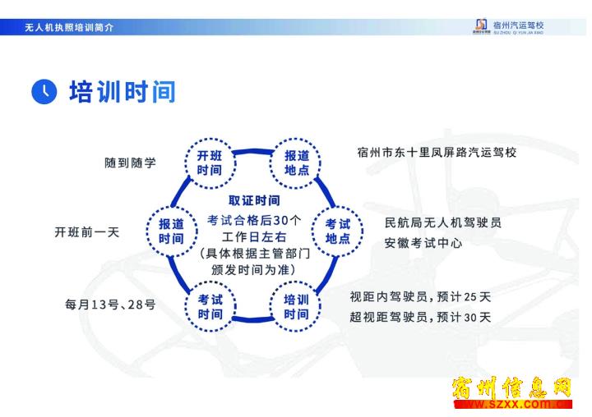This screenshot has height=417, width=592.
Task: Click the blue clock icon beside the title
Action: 44,92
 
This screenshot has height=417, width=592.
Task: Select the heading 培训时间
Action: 123,92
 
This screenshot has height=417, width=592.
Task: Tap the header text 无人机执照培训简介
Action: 69,27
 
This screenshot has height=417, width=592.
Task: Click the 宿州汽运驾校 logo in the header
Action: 509,26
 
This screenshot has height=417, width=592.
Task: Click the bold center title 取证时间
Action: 254,200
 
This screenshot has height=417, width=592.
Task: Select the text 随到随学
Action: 130,163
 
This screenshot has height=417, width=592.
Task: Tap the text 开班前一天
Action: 87,231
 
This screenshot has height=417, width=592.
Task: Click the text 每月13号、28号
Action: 110,305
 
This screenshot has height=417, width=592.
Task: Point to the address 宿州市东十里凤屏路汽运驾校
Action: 437,153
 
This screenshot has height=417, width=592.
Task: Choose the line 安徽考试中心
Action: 423,243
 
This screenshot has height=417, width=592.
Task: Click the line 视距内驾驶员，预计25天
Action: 420,297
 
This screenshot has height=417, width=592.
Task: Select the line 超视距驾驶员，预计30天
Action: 420,317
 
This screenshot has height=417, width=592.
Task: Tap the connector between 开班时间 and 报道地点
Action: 253,152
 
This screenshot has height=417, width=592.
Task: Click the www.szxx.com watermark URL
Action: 513,404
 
